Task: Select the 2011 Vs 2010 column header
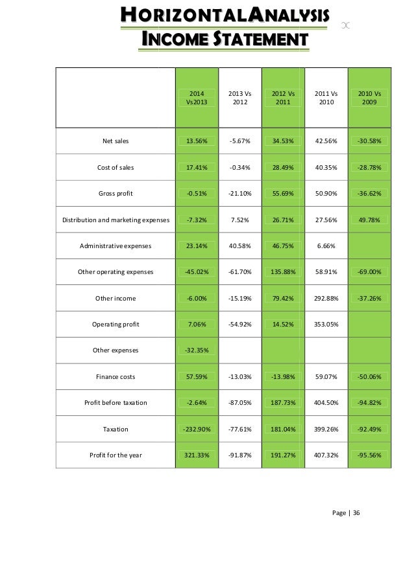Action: (326, 98)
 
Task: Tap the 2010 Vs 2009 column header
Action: (369, 98)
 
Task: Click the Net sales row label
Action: (116, 140)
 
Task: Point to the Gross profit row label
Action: (116, 193)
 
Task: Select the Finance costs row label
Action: (116, 376)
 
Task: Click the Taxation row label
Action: (116, 429)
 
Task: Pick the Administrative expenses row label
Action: (116, 246)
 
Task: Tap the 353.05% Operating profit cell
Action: (326, 324)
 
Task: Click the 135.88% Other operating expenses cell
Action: (282, 271)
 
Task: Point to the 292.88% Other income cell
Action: (326, 298)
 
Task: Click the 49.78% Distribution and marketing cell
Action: (369, 220)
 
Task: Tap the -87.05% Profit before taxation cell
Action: (240, 402)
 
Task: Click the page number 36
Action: (356, 513)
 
